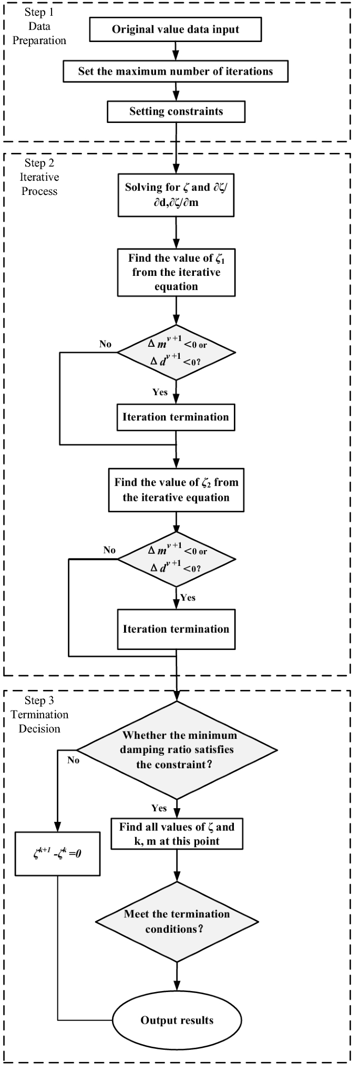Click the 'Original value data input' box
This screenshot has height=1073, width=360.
coord(176,29)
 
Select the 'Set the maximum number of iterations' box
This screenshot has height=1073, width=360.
coord(176,71)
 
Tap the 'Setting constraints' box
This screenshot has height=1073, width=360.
coord(176,111)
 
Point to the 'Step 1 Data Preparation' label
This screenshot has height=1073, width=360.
coord(39,27)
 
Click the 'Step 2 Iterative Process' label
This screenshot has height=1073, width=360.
coord(39,177)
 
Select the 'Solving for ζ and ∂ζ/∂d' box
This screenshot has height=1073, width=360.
coord(176,195)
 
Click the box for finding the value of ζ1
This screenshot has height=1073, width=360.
coord(176,272)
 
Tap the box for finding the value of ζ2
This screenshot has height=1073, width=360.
coord(176,490)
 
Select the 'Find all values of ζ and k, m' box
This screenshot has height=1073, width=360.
coord(177,834)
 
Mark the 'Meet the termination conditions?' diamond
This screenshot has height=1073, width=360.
coord(177,921)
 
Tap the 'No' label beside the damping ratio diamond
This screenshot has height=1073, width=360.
coord(73,760)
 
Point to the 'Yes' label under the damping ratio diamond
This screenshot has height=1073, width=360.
coord(159,808)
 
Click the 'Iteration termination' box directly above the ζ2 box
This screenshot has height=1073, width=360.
coord(176,417)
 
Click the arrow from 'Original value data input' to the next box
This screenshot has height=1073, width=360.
coord(176,51)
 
